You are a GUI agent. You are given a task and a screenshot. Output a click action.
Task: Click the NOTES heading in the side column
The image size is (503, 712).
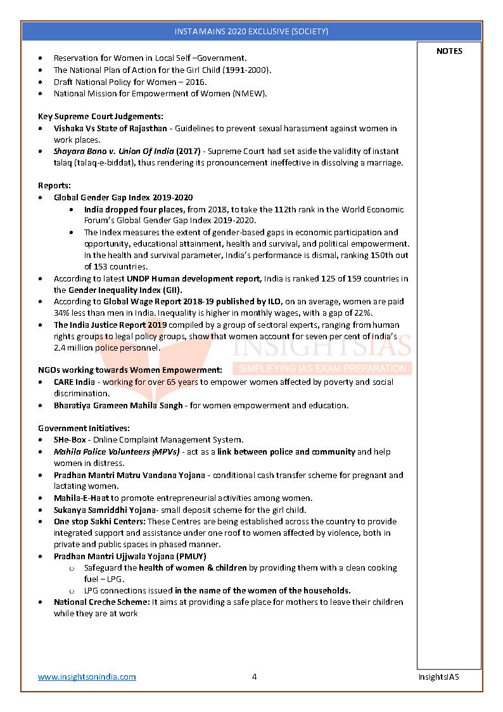(449, 51)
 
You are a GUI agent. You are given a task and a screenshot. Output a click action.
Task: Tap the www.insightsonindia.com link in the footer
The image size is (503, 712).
(87, 676)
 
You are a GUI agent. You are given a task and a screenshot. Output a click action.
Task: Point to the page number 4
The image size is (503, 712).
(254, 676)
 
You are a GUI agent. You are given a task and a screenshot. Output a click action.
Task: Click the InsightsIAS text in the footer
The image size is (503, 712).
(438, 676)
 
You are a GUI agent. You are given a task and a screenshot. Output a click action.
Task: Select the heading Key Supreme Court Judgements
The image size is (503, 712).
(100, 116)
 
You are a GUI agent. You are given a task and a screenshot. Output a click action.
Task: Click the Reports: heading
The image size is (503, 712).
(54, 186)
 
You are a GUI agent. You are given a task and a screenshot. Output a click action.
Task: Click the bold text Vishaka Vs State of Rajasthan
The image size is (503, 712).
(110, 128)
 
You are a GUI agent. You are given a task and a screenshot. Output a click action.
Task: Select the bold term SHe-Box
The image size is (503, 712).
(70, 439)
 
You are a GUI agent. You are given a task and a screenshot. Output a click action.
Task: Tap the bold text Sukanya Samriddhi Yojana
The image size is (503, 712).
(105, 510)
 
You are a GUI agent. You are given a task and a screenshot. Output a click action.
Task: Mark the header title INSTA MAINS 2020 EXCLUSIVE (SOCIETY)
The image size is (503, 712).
(251, 31)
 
